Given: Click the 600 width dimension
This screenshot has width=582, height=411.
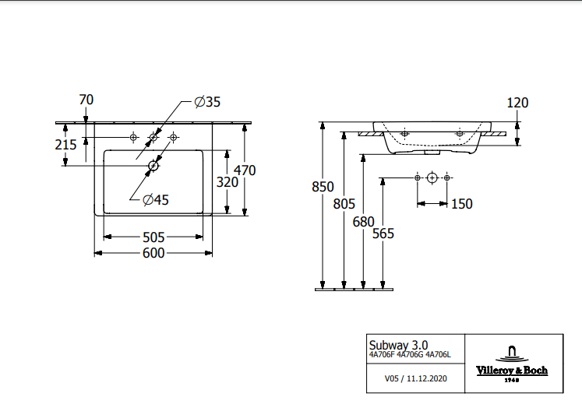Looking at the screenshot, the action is pos(153,253).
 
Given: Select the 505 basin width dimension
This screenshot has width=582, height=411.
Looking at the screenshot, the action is pos(153,237).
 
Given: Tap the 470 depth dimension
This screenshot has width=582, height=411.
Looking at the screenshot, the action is pos(245,170).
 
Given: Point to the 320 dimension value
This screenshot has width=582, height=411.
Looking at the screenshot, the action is pos(228,182).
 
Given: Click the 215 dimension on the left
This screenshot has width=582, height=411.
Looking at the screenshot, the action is pos(65,145).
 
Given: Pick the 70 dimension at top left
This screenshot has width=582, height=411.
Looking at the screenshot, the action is pos(86,100).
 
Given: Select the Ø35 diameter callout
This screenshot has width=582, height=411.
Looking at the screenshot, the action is pos(207,102).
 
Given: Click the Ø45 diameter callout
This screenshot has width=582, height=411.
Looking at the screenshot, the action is pos(156,200).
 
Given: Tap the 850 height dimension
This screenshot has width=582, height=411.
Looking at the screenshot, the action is pos(323,187).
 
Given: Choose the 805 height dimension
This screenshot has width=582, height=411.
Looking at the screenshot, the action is pos(344,204).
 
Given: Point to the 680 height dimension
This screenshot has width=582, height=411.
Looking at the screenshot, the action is pos(363,222).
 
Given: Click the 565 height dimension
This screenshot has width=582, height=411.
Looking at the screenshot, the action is pos(383,234).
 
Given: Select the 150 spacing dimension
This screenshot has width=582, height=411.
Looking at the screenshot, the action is pos(462,204).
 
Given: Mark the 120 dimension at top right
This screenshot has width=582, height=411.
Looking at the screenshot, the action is pos(517,103).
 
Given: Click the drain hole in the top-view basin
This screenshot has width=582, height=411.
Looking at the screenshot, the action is pos(153,166).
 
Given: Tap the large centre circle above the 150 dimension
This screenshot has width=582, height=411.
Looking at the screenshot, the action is pos(432,178).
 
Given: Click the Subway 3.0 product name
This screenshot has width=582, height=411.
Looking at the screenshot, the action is pos(398,345).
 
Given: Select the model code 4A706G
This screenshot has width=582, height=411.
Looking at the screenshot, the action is pos(410,355).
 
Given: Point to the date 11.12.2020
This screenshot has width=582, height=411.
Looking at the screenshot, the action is pos(427,378).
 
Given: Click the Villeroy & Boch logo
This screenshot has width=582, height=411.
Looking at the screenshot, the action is pos(512,364).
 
